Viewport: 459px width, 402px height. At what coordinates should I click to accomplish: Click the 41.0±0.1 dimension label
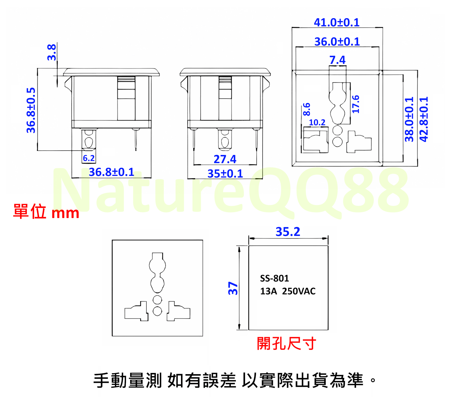[x=337, y=22]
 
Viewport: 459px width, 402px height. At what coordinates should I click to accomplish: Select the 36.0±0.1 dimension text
[x=337, y=42]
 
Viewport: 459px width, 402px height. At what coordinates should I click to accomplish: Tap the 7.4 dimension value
[x=337, y=60]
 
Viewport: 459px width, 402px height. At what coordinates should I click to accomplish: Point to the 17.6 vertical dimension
[x=356, y=104]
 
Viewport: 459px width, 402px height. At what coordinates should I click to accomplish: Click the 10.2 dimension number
[x=317, y=123]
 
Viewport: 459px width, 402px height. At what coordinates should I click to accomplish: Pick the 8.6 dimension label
[x=307, y=109]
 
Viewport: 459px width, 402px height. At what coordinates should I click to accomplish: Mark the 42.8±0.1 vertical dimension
[x=424, y=119]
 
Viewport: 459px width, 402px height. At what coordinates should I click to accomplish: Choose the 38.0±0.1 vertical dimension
[x=409, y=119]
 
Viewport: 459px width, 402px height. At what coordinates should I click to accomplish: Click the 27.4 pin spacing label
[x=225, y=159]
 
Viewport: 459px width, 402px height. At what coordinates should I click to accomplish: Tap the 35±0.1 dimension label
[x=225, y=174]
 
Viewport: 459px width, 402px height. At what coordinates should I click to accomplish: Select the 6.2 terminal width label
[x=89, y=158]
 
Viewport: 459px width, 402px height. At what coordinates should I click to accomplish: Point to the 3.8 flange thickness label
[x=52, y=52]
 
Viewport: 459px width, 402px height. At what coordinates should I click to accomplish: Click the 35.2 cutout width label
[x=288, y=232]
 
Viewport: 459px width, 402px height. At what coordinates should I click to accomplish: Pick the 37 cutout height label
[x=233, y=288]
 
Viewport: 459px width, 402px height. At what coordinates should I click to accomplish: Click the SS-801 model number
[x=274, y=278]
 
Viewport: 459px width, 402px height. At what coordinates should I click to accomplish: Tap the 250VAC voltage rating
[x=299, y=291]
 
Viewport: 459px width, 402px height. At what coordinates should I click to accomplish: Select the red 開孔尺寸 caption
[x=286, y=343]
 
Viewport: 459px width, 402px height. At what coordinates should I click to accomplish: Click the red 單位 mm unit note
[x=46, y=212]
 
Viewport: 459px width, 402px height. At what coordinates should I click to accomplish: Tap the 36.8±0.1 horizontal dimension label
[x=111, y=172]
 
